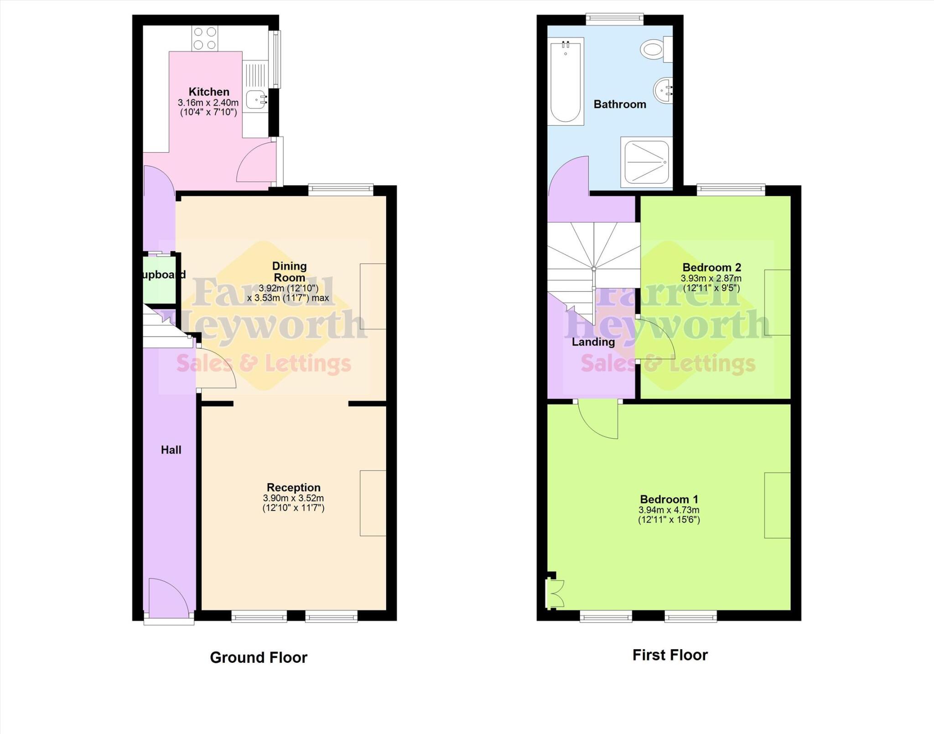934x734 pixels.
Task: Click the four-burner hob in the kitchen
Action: tap(205, 38)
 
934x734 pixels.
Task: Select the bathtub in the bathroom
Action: tap(566, 81)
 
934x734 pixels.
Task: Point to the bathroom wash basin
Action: tap(663, 90)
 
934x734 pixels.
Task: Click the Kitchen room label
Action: tap(209, 92)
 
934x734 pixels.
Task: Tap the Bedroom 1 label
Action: tap(669, 499)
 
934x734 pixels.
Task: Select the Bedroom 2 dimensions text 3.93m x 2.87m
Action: tap(711, 278)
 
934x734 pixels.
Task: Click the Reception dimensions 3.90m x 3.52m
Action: tap(293, 498)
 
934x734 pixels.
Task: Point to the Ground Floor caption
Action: tap(259, 657)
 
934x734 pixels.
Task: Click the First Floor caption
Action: tap(669, 655)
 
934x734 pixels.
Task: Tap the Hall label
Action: tap(171, 450)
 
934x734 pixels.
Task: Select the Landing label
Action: tap(593, 342)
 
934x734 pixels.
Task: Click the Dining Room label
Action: tap(289, 272)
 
